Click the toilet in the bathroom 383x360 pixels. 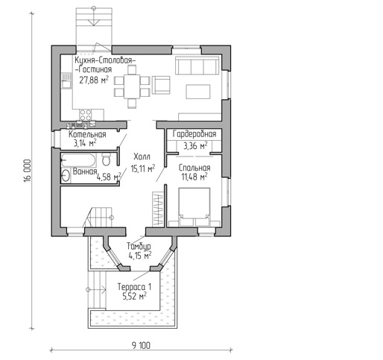coord(107,160)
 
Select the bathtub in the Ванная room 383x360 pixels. coord(78,160)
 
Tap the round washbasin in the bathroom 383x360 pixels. coord(66,176)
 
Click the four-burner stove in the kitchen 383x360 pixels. coord(85,115)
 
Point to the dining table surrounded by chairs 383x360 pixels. coord(132,86)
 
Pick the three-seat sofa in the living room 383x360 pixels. coord(197,66)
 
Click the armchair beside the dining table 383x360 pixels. coord(161,85)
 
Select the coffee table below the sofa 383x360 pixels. coord(198,92)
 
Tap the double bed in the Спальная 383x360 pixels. coord(194,207)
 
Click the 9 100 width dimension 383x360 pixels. coord(141,345)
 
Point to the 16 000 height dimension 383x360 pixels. coord(28,171)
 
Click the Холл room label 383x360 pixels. coord(142,157)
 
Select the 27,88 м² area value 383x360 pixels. coord(94,80)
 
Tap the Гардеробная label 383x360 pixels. coord(194,134)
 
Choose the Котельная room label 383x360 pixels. coord(87,135)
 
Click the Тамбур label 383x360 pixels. coord(139,246)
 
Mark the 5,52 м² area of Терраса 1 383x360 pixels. coord(134,296)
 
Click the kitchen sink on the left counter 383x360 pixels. coord(66,81)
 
